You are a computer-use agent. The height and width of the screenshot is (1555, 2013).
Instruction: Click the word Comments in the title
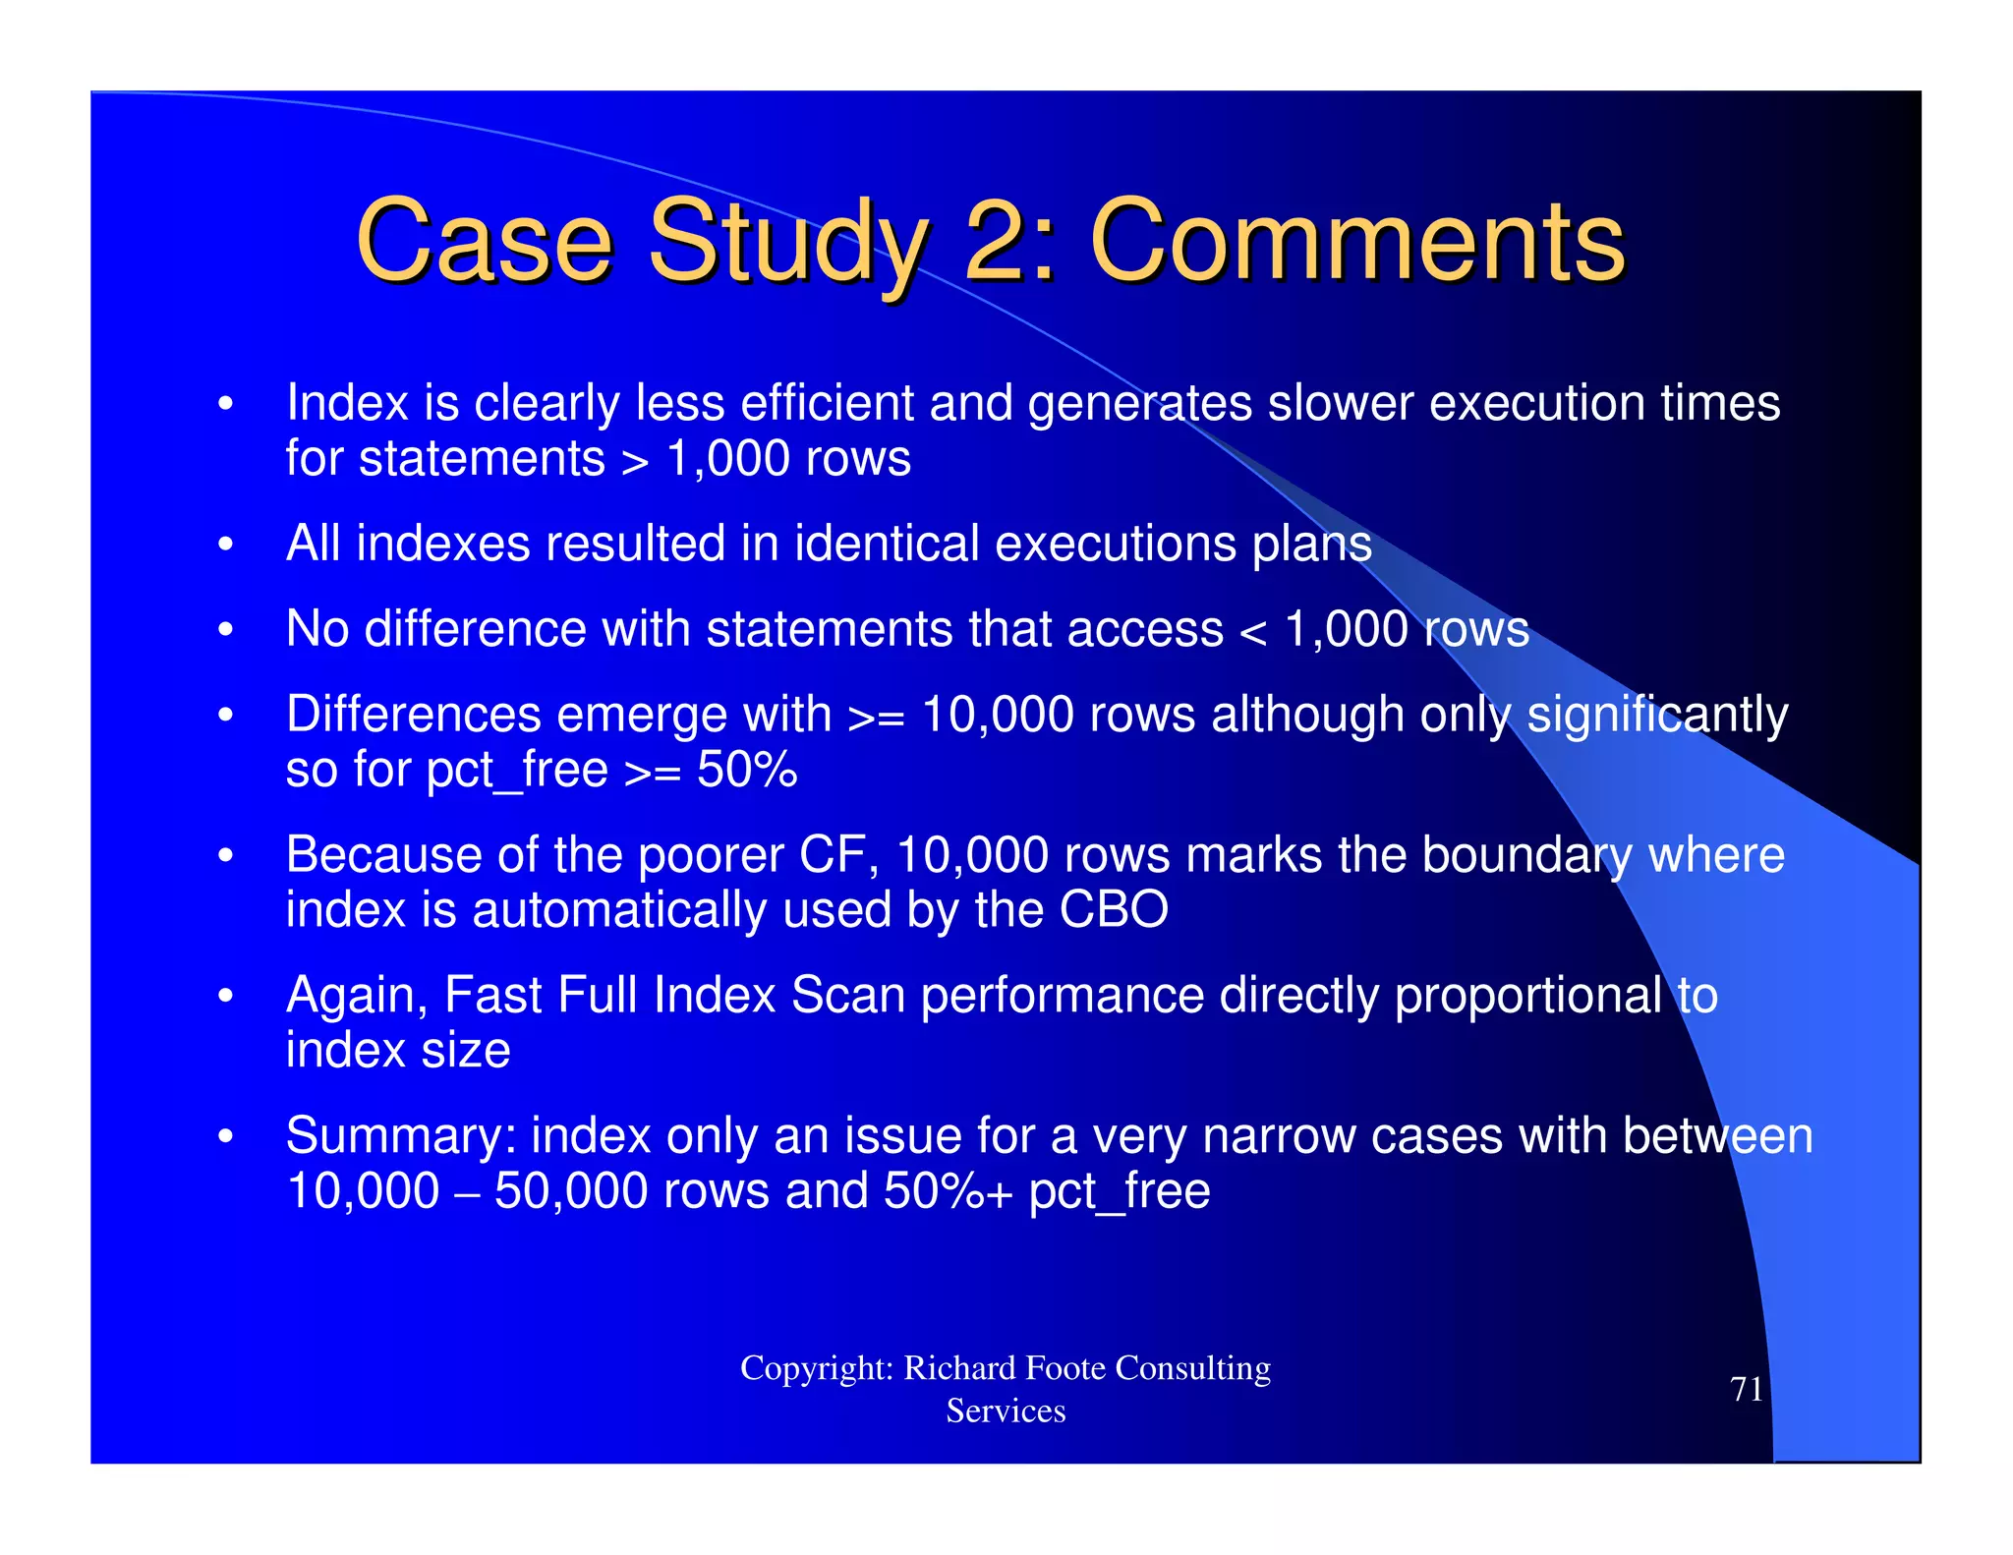point(1356,241)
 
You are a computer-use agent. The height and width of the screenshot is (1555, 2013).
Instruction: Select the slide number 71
point(1747,1389)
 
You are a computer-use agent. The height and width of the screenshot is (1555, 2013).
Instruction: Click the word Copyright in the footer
point(816,1368)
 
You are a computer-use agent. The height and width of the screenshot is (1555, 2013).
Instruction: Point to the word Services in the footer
point(1006,1411)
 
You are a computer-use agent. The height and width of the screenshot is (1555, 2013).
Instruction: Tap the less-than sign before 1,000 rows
point(1253,631)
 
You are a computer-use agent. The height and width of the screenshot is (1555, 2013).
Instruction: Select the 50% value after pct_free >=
point(747,770)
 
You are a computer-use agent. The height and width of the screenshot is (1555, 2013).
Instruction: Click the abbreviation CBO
point(1114,910)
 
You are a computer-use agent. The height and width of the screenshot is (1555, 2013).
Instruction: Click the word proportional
point(1528,995)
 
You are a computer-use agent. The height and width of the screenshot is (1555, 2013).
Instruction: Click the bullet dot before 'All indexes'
point(226,545)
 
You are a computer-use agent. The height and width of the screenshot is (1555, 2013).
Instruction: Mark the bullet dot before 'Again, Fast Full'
point(226,997)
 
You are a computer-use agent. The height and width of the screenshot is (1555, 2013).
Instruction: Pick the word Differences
point(413,714)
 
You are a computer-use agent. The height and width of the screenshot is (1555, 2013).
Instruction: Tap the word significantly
point(1657,716)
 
